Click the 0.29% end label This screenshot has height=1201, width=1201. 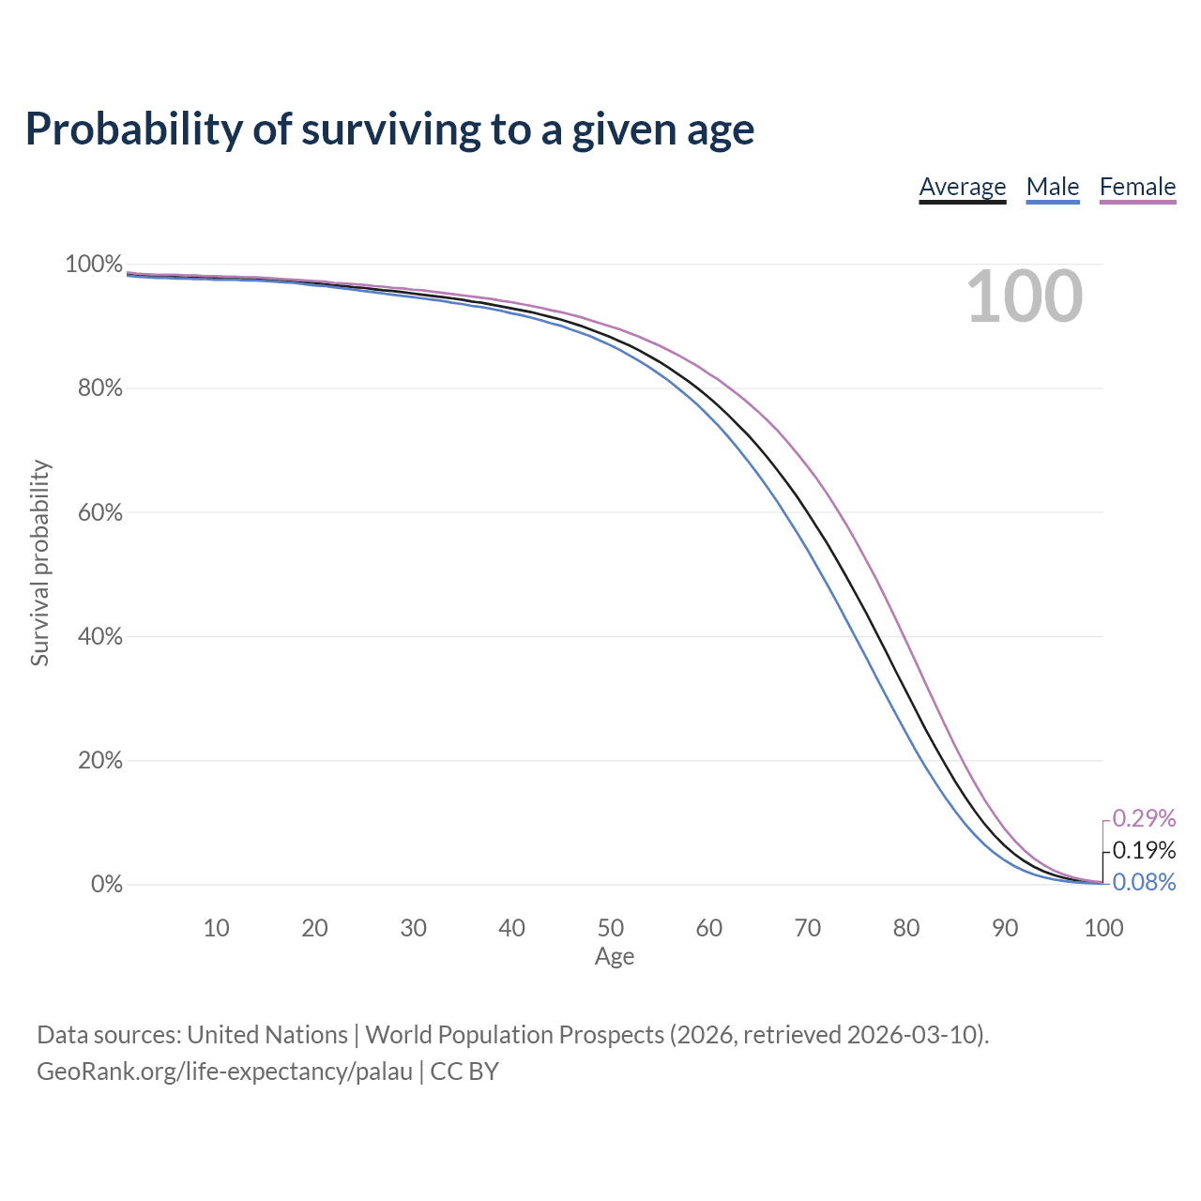point(1144,817)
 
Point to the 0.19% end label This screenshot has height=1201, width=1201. point(1144,849)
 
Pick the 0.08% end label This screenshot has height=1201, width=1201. point(1144,882)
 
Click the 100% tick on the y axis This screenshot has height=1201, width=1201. point(94,265)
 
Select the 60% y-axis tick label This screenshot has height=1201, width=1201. point(99,512)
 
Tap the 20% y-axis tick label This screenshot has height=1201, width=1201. point(99,760)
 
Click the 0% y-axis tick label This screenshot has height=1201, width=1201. point(107,884)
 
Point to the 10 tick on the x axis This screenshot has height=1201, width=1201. point(216,928)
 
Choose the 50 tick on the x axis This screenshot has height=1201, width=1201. point(610,928)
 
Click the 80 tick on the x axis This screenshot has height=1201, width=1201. point(906,928)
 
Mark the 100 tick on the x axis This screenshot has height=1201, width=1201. point(1103,928)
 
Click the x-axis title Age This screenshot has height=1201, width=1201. point(615,957)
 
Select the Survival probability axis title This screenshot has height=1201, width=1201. point(40,563)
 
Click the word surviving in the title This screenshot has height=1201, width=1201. point(391,129)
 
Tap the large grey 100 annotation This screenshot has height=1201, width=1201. point(1025,296)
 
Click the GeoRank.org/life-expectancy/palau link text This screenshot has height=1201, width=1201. point(224,1072)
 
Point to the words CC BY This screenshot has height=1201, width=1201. point(464,1072)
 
